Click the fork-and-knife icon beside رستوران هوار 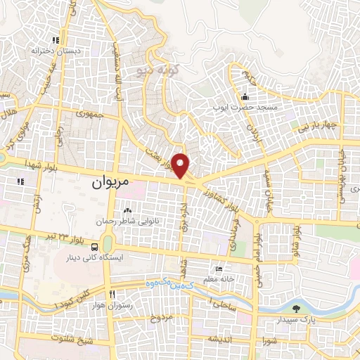coord(112,292)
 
